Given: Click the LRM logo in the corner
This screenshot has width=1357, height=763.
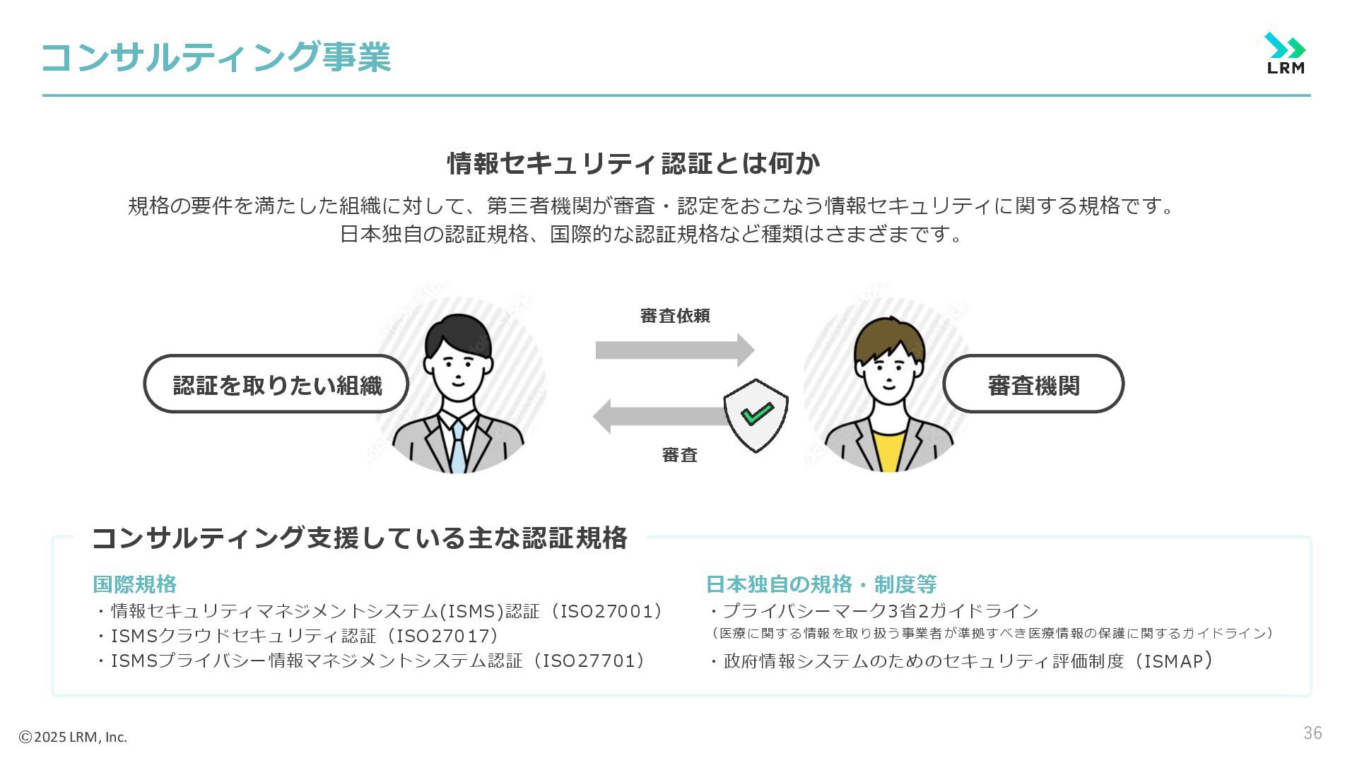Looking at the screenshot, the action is (1285, 53).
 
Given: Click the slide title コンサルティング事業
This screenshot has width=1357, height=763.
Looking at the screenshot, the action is (216, 57).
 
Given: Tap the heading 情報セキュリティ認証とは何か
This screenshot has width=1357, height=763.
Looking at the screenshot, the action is (633, 163).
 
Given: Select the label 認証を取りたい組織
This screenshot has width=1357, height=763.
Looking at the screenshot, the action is (276, 385).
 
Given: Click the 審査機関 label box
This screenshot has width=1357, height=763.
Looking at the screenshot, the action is (1033, 385).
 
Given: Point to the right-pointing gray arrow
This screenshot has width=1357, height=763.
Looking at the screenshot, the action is (674, 350).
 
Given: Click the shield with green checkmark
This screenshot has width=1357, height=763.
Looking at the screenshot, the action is (756, 415).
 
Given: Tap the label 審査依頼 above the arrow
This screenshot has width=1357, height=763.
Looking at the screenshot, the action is (674, 316).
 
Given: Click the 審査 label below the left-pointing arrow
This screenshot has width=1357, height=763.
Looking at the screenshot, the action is (679, 455).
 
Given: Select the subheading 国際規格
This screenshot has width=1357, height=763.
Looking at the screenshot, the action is (134, 584).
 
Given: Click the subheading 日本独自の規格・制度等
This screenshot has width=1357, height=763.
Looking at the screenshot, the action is (821, 584).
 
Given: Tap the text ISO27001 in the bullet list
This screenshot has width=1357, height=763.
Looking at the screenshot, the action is (606, 611).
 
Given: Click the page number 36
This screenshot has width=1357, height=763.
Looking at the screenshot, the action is (1312, 733).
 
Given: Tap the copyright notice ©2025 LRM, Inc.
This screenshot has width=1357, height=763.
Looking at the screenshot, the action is (73, 737).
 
